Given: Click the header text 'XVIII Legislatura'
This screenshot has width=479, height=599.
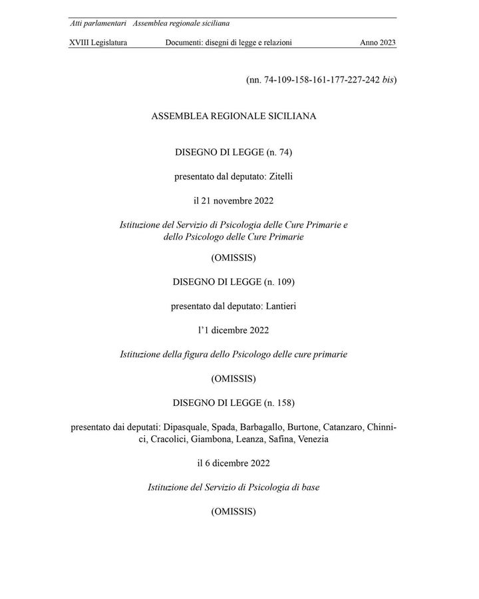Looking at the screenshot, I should coord(98,43).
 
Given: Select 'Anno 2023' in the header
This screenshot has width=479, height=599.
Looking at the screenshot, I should coord(378,43).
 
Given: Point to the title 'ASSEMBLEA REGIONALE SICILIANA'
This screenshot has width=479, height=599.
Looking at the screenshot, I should coord(234,116).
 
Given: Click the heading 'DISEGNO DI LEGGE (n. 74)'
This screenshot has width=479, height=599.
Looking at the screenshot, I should coord(234,152).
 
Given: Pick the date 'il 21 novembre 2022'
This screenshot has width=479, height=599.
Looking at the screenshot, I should coord(234,200).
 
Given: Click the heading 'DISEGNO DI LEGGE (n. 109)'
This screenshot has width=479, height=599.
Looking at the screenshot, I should coord(234,282).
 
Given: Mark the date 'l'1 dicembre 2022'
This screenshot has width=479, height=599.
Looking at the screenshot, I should coord(234,330).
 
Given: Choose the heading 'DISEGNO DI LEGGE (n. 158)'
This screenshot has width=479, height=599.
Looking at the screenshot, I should coord(234,403).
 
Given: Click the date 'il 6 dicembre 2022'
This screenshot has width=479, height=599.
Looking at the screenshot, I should coord(234,463).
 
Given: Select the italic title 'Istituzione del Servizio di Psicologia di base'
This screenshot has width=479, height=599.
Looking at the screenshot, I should coord(234,488).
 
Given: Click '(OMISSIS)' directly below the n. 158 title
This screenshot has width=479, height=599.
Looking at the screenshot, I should coord(234,512).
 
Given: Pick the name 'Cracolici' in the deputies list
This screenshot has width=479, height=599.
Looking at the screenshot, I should coord(173,439).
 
